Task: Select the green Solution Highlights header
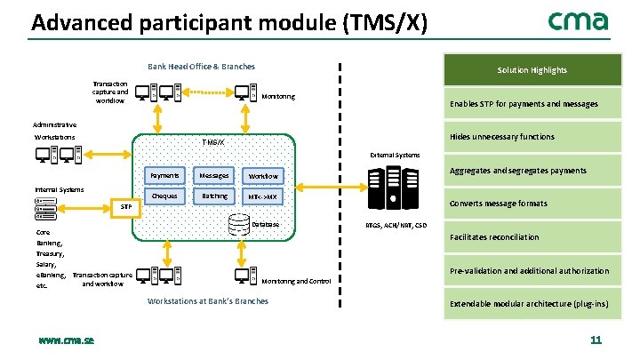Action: [x=532, y=70]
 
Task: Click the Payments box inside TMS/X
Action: [x=164, y=175]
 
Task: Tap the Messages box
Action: [x=214, y=175]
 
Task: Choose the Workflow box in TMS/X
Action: [x=263, y=175]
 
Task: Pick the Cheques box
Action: [x=164, y=196]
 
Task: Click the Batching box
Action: [x=214, y=196]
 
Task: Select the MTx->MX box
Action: [x=263, y=196]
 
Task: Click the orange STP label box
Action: [x=126, y=207]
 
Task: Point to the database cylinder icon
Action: [x=238, y=225]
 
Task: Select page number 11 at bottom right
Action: [x=596, y=340]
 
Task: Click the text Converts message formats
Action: [x=499, y=204]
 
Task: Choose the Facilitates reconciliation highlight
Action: [x=494, y=237]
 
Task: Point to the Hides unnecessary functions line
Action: [x=502, y=137]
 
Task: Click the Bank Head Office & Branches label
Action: [x=200, y=67]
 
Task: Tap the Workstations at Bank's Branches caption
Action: [x=205, y=301]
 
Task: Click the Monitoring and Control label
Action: [x=297, y=281]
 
